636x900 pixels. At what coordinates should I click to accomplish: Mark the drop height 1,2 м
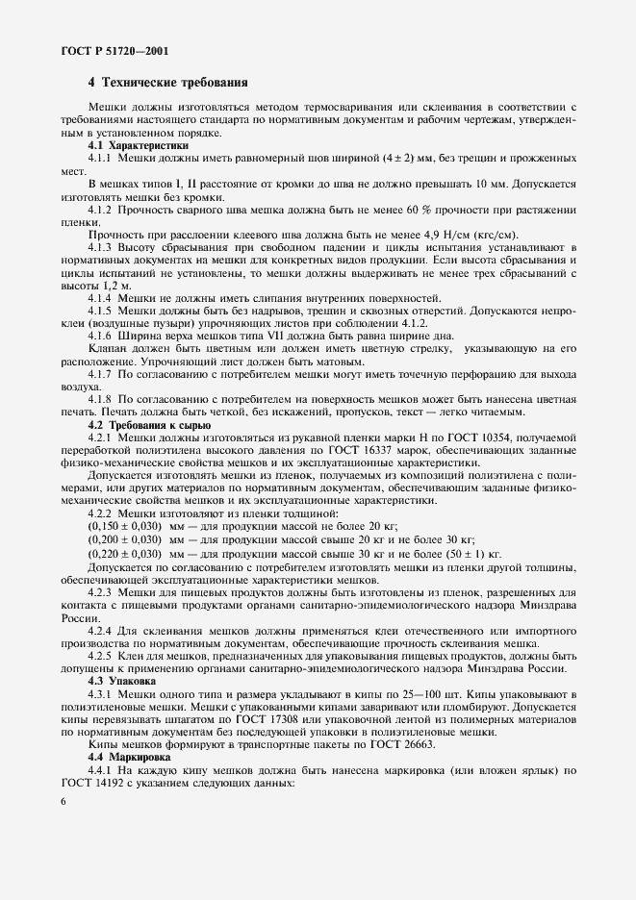tap(108, 286)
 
